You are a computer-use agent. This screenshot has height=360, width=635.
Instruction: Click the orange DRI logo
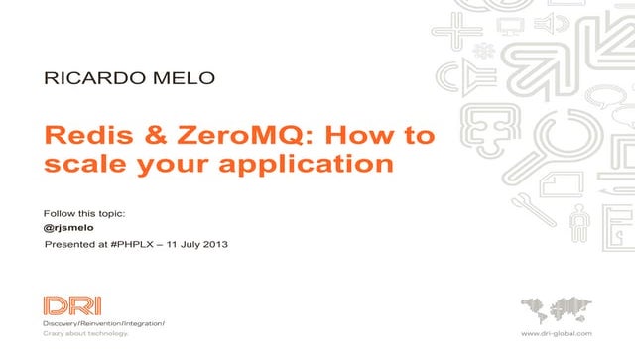tap(71, 305)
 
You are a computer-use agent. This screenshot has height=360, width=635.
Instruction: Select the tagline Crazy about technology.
tap(85, 336)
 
